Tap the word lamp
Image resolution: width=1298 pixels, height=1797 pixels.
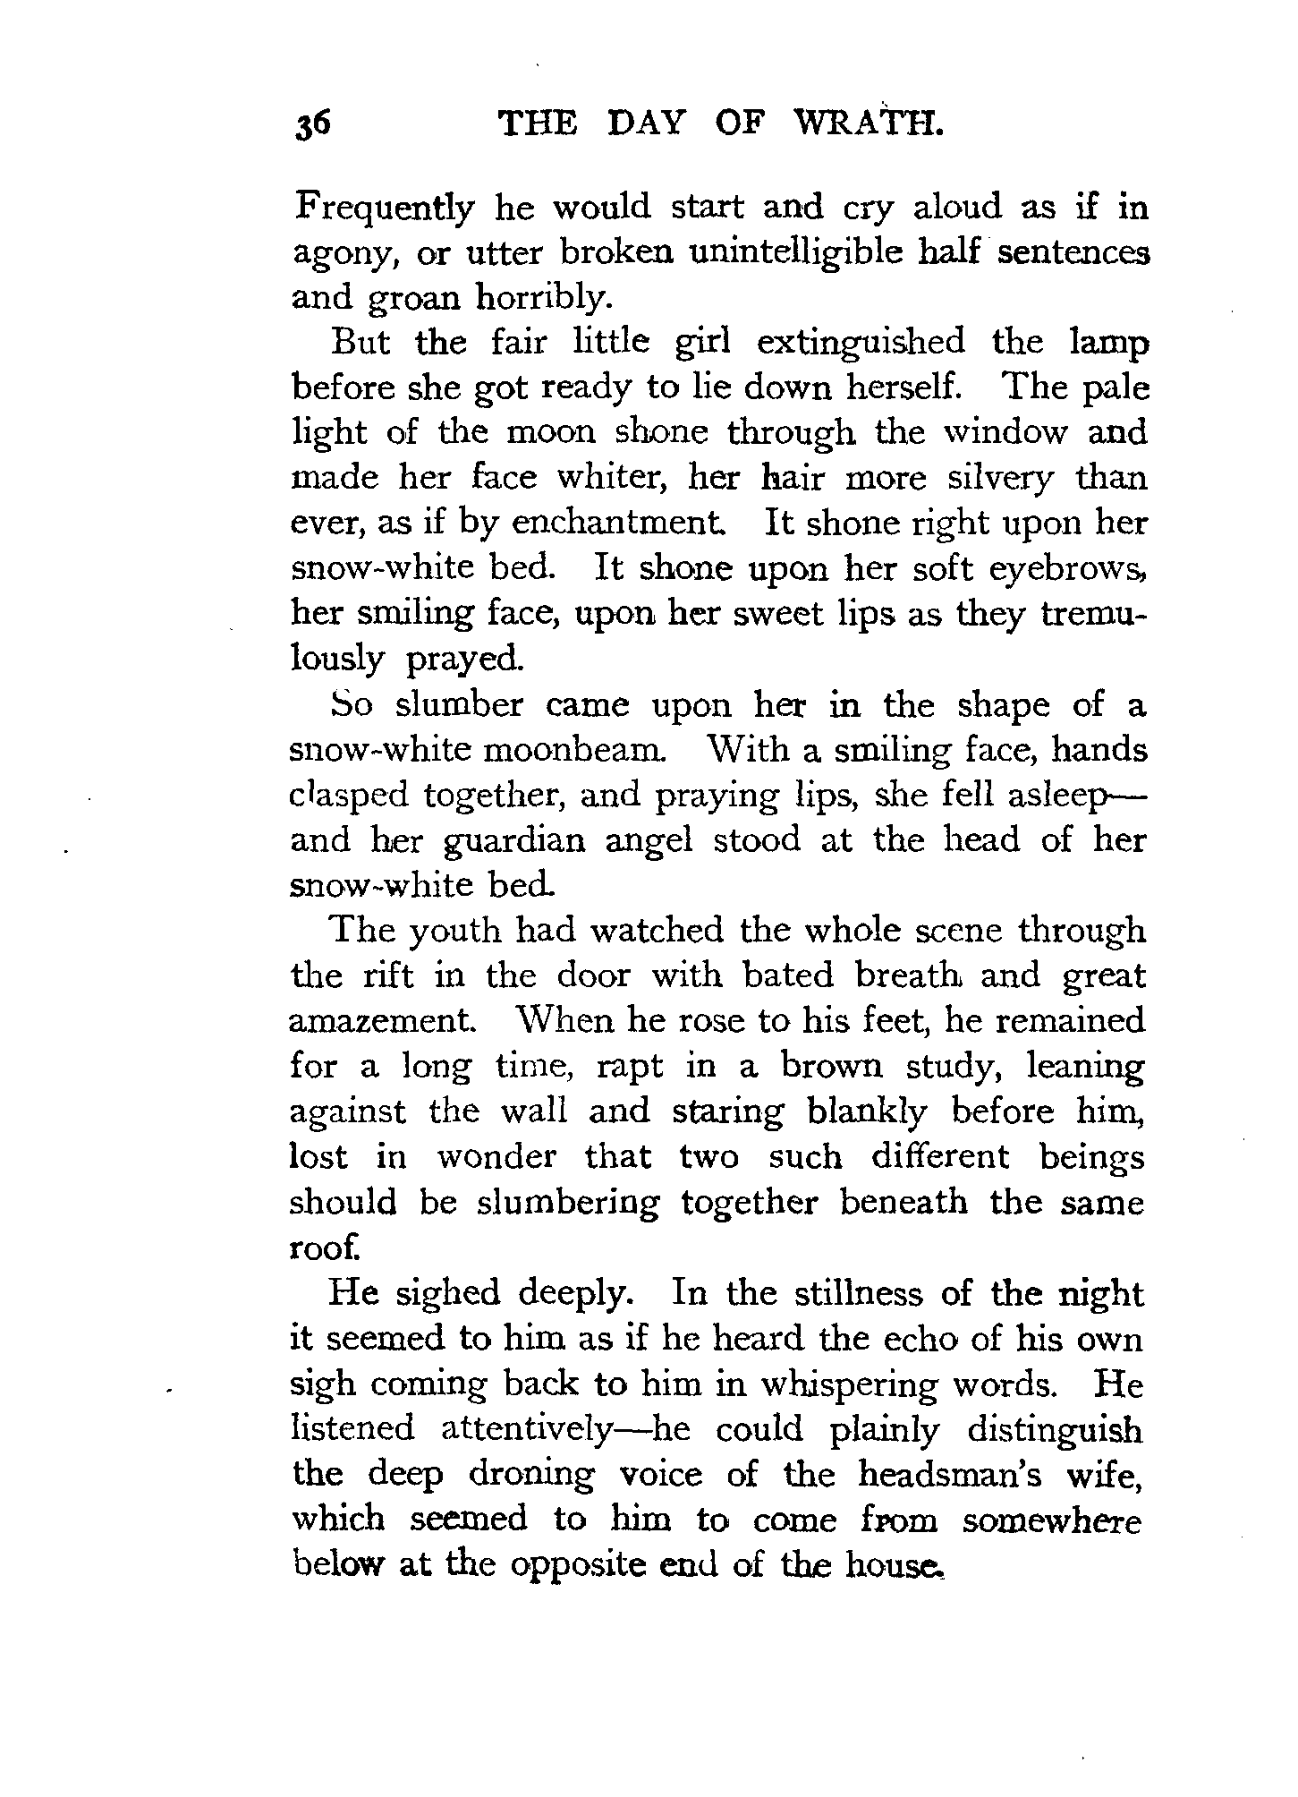click(1107, 343)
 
